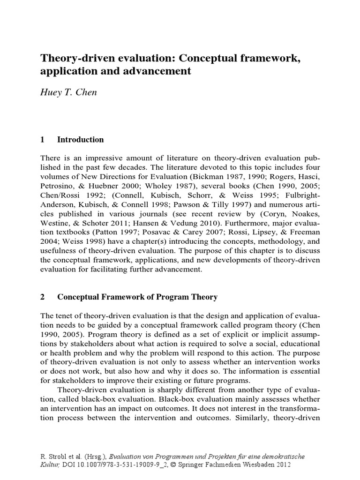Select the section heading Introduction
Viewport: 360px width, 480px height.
80,140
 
